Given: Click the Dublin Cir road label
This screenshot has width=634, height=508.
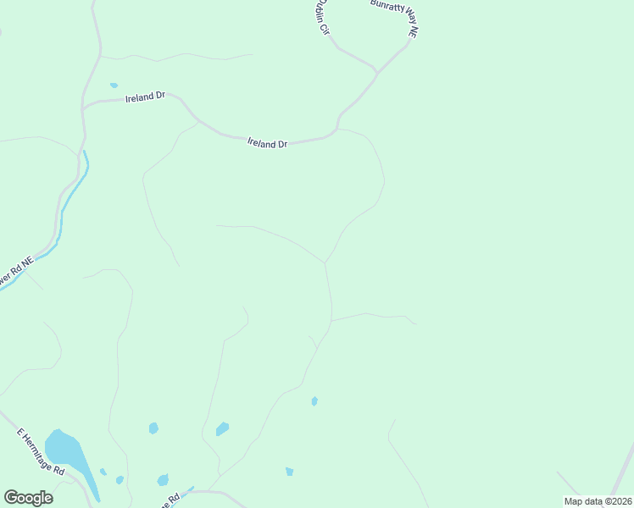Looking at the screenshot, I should point(318,16).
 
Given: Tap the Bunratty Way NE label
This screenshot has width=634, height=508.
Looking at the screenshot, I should point(395,17).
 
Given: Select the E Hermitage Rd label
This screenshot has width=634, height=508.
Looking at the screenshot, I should point(42,451).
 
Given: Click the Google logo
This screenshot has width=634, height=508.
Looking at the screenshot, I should point(28,498).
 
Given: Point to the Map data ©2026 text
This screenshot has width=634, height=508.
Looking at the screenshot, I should point(598,501).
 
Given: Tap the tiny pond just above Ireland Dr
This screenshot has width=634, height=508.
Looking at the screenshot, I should point(114,86).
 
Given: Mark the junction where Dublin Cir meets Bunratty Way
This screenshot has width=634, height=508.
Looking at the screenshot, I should point(376,70).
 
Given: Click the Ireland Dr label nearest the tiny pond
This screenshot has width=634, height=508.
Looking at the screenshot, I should point(145,97).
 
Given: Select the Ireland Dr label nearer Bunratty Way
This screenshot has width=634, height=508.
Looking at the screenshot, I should point(267,143).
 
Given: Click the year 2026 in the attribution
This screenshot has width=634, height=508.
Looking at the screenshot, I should point(620,501).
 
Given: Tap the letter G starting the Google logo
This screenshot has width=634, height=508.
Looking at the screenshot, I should point(11,498).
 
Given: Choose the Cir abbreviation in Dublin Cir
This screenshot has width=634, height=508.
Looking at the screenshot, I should point(323,28).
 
